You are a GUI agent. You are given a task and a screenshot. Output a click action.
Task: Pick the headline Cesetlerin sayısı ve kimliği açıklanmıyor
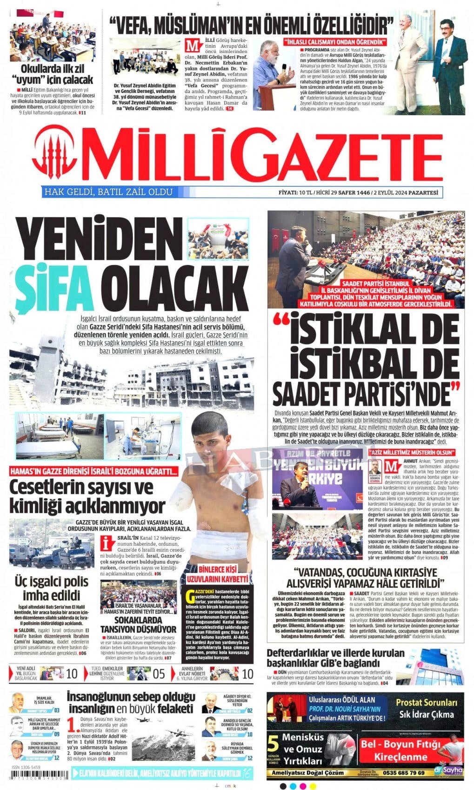(87, 496)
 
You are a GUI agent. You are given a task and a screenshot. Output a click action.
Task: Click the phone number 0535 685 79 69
(404, 773)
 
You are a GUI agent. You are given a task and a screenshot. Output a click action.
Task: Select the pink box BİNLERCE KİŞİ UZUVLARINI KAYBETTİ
(217, 574)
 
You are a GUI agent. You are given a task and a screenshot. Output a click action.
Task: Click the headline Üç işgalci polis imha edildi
(52, 588)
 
